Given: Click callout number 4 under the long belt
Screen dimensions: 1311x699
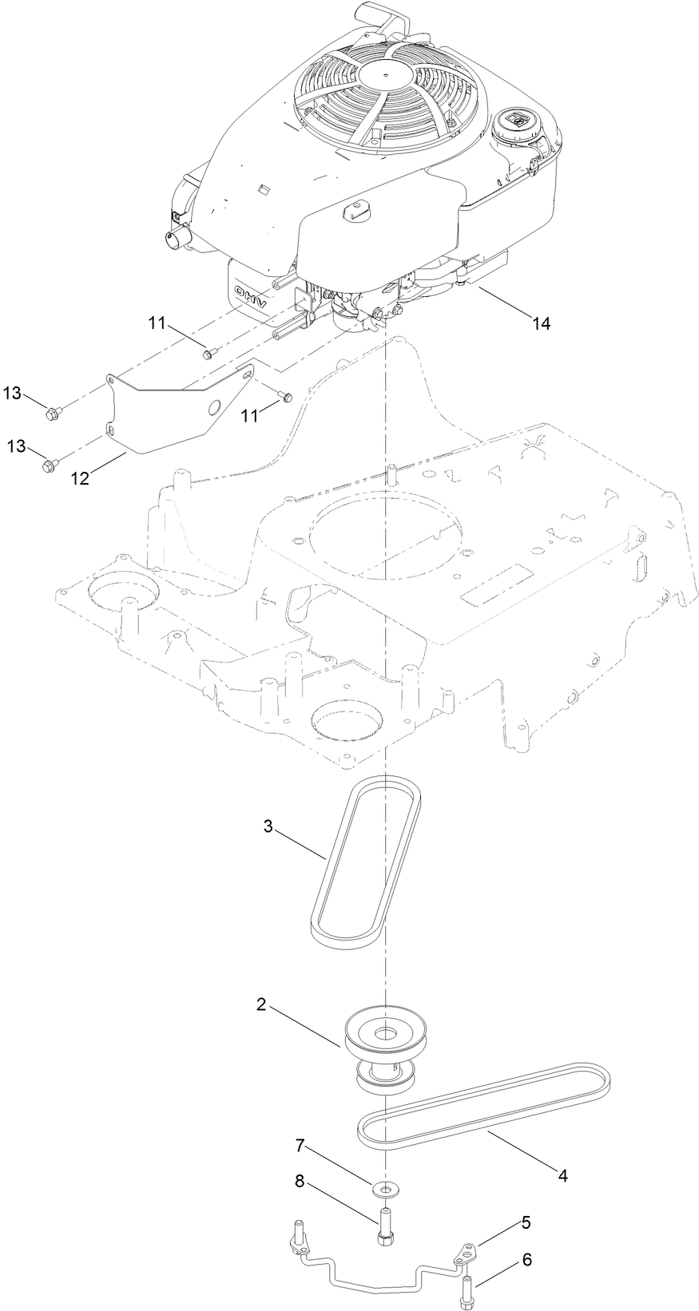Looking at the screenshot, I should [562, 1175].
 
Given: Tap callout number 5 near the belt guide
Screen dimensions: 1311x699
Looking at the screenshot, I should [526, 1222].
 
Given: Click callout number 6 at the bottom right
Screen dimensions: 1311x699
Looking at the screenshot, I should [527, 1260].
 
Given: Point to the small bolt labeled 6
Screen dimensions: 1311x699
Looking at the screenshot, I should [467, 1287].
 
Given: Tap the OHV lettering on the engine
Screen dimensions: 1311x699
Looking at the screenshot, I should [252, 291].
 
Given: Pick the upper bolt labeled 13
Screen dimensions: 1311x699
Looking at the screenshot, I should [54, 413].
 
